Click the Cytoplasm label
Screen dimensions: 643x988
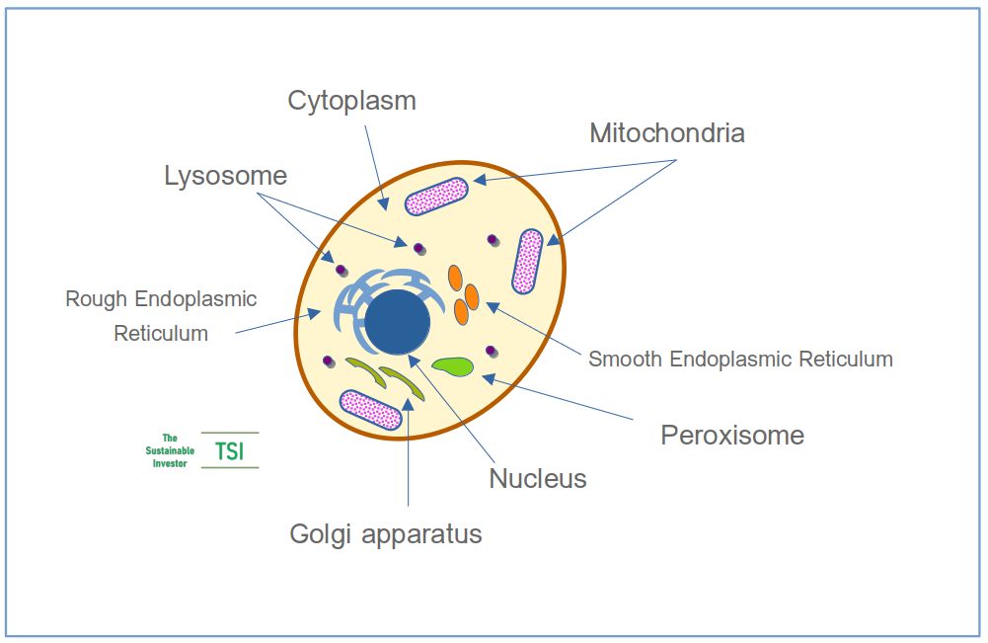coord(351,101)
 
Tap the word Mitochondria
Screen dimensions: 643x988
coord(666,133)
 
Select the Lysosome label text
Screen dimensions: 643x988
coord(225,176)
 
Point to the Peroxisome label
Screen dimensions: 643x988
coord(732,435)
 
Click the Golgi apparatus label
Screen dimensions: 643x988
coord(386,534)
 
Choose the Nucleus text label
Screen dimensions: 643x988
coord(538,479)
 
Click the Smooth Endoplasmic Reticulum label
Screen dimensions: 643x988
coord(740,359)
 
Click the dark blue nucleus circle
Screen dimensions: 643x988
coord(398,322)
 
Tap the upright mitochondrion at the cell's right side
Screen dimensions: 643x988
coord(528,261)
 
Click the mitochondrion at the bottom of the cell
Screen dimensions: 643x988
coord(370,409)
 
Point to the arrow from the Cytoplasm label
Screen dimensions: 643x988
coord(373,163)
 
